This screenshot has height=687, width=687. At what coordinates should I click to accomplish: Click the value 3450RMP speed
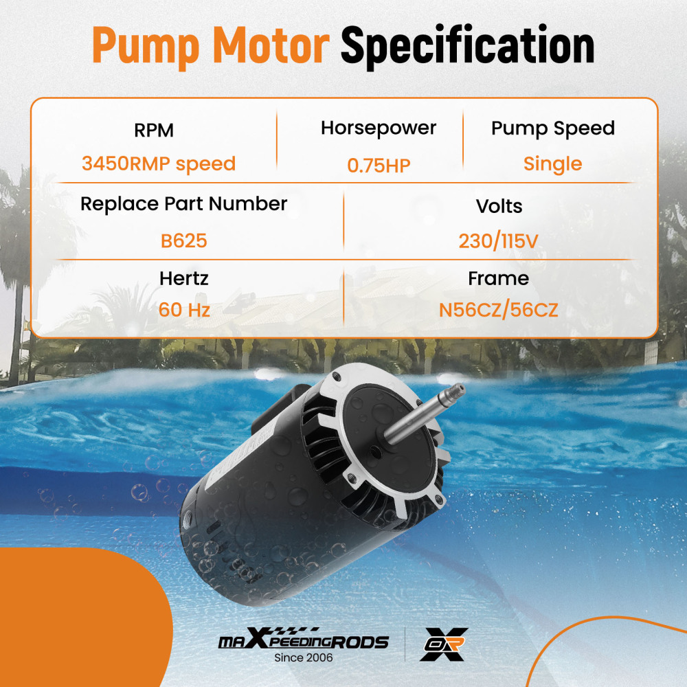point(158,164)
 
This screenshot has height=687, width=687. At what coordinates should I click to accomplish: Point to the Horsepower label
point(379,128)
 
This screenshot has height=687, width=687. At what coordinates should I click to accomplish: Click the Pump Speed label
point(552,128)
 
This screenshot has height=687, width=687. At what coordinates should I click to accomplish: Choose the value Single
point(552,164)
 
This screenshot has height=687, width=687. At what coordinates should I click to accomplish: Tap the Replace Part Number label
point(183,204)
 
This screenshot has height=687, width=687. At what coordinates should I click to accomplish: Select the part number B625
point(183,241)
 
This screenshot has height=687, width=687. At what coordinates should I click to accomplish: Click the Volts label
point(499,206)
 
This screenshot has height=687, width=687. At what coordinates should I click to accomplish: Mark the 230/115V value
point(499,241)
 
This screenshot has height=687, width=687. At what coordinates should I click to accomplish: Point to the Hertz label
point(183,278)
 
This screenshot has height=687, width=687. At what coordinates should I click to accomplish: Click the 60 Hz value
point(183,310)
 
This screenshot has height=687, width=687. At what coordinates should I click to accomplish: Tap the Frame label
point(498,278)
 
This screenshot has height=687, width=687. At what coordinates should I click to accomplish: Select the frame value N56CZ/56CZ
point(498,311)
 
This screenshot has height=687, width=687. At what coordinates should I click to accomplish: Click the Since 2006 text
point(303,657)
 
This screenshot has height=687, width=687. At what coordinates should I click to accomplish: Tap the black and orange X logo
point(443,644)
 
